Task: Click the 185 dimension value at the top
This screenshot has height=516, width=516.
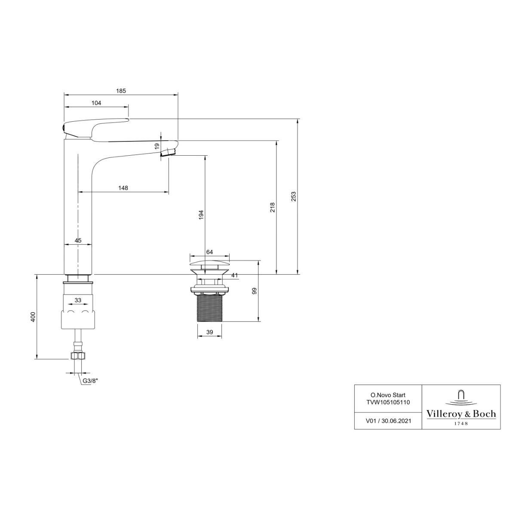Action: tap(121, 91)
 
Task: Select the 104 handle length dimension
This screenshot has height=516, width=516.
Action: tap(96, 103)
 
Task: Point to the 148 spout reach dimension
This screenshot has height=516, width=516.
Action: tap(123, 188)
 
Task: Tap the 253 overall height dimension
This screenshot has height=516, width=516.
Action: tap(294, 197)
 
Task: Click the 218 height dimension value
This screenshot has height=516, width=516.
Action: tap(273, 208)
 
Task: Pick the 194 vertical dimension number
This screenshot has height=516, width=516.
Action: tap(201, 215)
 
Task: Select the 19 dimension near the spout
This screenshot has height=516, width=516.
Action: tap(157, 146)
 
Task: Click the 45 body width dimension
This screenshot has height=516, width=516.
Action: tap(78, 240)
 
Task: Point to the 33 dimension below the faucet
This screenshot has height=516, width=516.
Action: tap(78, 300)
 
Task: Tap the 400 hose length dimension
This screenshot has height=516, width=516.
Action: tap(33, 317)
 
